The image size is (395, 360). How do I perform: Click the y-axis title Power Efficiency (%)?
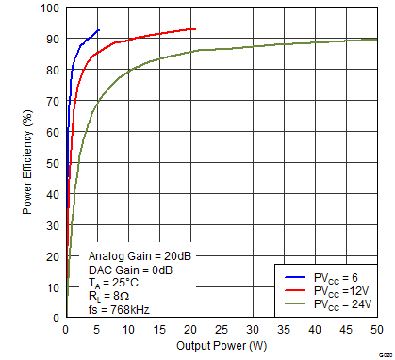click(x=27, y=164)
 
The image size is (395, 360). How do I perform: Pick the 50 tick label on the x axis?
click(x=376, y=331)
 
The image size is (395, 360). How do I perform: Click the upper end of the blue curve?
click(x=98, y=30)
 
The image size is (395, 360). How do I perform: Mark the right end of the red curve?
click(x=195, y=29)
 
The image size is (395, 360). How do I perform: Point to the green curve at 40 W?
click(x=315, y=42)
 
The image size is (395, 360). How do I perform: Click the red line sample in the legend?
click(x=292, y=290)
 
